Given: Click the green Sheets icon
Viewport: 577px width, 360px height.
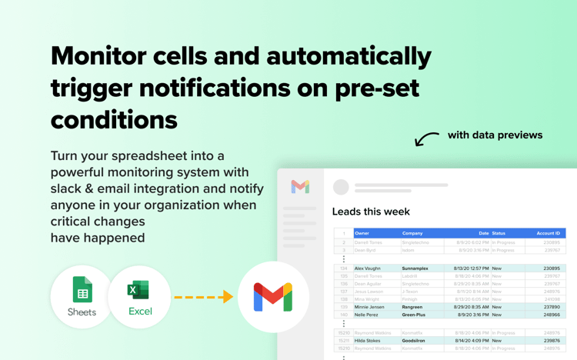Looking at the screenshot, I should [x=82, y=290].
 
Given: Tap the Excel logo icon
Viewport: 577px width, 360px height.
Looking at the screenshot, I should [x=138, y=290].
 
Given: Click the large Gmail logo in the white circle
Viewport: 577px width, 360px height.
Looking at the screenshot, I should [x=273, y=297].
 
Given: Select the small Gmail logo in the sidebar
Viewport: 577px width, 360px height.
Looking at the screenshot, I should [x=300, y=187].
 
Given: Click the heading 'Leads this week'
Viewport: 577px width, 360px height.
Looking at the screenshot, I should [x=371, y=212].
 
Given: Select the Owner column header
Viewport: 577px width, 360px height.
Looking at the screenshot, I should [x=362, y=233].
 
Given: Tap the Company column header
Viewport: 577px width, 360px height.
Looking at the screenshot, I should [x=412, y=233].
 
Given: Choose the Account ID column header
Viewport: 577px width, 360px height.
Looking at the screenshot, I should [x=548, y=233].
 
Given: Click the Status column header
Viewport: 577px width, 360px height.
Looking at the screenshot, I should [x=499, y=233].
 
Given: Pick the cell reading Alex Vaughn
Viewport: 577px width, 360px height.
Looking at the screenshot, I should [x=368, y=268].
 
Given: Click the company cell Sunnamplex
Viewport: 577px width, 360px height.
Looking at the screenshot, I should [x=415, y=268].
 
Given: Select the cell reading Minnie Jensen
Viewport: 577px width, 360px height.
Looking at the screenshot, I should [x=369, y=307].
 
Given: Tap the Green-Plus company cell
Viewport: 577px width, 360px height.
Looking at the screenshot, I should [x=414, y=315].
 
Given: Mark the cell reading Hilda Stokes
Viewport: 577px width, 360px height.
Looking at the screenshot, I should [x=368, y=341].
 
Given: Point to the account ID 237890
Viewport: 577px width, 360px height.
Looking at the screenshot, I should [x=552, y=307].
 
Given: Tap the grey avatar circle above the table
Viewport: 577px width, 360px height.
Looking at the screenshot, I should [x=341, y=187].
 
